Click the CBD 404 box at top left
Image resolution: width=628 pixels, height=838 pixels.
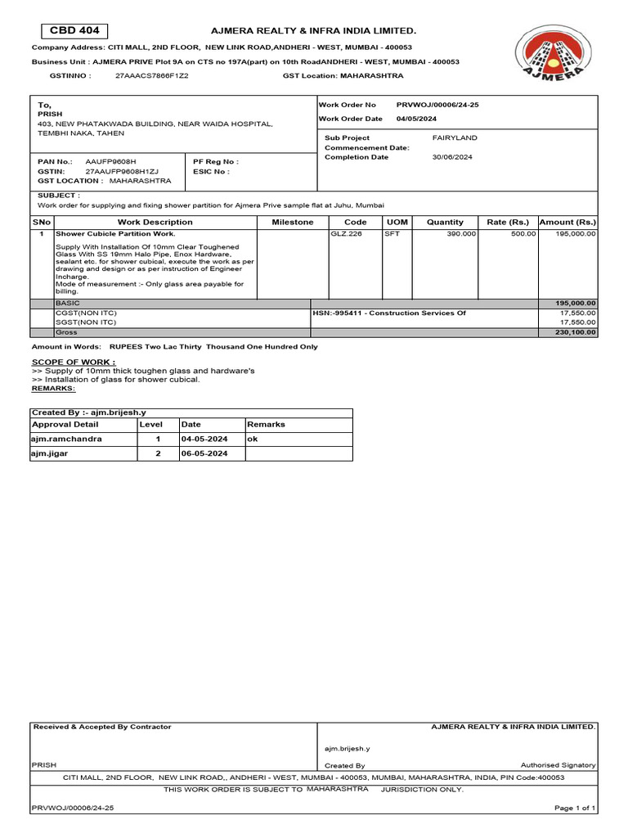[74, 31]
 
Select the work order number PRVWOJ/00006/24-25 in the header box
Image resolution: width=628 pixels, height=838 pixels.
[437, 105]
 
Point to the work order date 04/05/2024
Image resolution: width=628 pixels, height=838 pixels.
[416, 119]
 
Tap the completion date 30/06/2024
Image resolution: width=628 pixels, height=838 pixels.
[452, 157]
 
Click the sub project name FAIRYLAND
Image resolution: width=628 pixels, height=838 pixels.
[455, 137]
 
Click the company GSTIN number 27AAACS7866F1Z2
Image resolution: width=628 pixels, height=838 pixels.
[151, 75]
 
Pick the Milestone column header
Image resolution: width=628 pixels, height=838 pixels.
[292, 222]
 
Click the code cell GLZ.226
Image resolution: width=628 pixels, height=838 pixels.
[343, 233]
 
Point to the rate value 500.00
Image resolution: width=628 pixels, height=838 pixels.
[523, 233]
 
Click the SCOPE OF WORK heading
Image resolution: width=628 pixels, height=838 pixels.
[74, 361]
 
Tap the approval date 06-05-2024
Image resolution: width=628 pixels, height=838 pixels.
[204, 453]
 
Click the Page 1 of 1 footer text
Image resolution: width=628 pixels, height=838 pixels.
[575, 808]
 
